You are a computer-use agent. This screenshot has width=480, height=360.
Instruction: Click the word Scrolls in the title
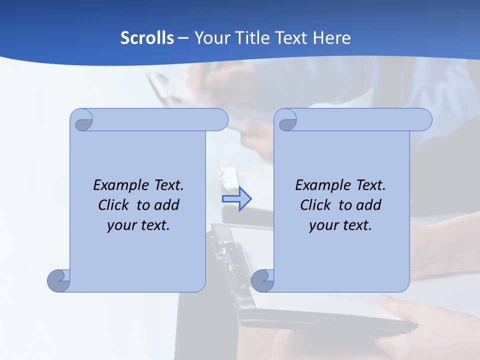coord(147,38)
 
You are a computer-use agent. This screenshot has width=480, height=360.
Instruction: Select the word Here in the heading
coord(332,38)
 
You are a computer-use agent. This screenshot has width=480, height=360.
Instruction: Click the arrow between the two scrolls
coord(236,198)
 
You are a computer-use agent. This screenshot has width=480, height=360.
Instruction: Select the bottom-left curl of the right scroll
coord(263,280)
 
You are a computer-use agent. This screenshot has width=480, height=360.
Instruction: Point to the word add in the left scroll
coord(166,205)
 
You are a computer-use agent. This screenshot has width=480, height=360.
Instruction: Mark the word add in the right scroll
coord(368,205)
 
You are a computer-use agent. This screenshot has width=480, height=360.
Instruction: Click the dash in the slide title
coord(183,38)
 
